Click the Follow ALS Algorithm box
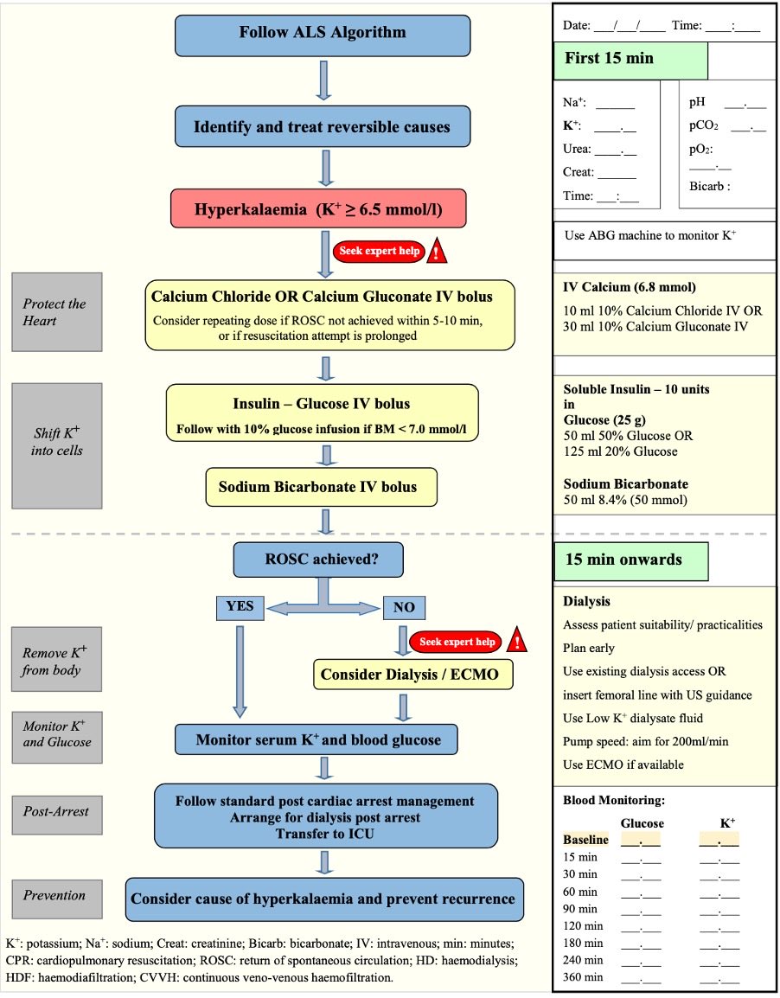[x=323, y=35]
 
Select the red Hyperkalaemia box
[x=330, y=210]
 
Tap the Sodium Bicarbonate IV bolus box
[x=321, y=487]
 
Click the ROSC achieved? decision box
[x=318, y=560]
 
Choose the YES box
[x=240, y=607]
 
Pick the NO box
[x=404, y=608]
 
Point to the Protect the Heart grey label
[x=56, y=312]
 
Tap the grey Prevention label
[x=56, y=896]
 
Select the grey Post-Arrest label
[x=56, y=812]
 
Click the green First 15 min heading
[x=630, y=60]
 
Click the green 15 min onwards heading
[x=630, y=560]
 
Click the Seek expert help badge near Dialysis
[x=457, y=642]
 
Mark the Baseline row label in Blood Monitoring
[x=585, y=839]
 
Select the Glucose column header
[x=642, y=822]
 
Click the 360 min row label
[x=581, y=976]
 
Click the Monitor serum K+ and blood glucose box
[x=318, y=740]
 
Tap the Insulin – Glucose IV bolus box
[x=321, y=412]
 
